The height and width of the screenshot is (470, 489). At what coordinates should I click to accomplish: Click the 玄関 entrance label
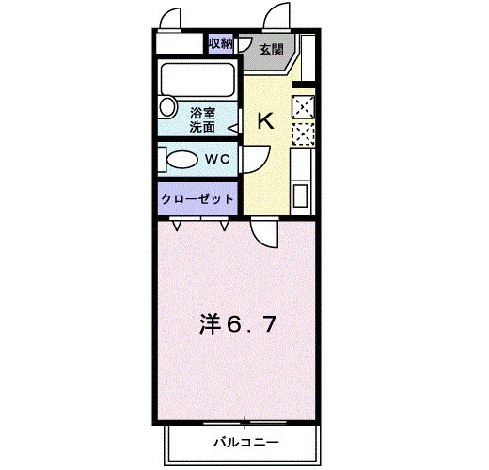tap(271, 49)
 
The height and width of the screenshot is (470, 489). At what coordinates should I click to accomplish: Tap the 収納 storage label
tap(220, 44)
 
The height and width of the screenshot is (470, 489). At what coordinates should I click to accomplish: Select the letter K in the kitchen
tap(265, 120)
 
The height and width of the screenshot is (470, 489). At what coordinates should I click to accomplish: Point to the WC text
tap(218, 159)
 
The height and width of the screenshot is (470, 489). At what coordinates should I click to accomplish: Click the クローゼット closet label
tap(198, 199)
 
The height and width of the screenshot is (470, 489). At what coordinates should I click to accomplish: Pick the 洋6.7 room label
tap(236, 324)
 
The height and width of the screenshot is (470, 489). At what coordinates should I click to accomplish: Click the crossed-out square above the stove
tap(304, 107)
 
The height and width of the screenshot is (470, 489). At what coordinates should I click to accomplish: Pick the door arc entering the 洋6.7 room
tap(264, 232)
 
